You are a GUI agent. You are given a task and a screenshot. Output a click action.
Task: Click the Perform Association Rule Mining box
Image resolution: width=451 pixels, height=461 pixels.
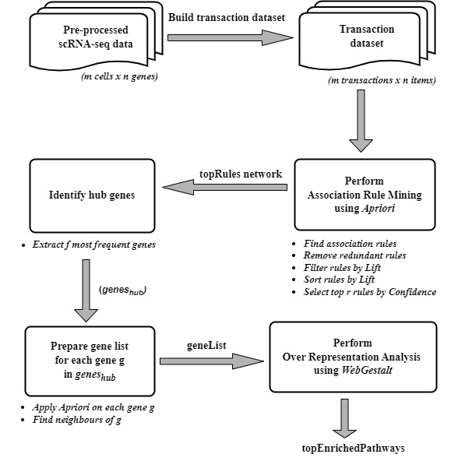pyautogui.click(x=364, y=195)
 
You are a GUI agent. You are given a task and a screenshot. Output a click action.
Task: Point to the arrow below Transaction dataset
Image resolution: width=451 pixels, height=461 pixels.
pyautogui.click(x=361, y=120)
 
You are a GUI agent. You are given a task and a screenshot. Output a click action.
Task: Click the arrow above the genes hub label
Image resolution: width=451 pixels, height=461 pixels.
pyautogui.click(x=86, y=287)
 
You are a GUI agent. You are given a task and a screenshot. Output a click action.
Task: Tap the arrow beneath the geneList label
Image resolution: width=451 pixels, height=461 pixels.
pyautogui.click(x=210, y=360)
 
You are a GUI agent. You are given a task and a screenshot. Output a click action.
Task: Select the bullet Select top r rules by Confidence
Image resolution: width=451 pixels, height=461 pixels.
pyautogui.click(x=368, y=291)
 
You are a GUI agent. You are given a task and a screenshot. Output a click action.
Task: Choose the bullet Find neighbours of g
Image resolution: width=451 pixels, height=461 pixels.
pyautogui.click(x=78, y=421)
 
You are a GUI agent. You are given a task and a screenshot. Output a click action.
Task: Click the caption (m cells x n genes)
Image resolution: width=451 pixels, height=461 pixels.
pyautogui.click(x=119, y=76)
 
